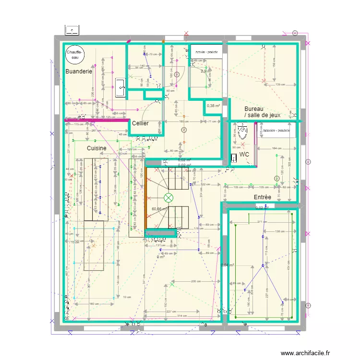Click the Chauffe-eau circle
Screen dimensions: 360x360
point(74,54)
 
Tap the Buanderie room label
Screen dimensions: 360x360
point(79,72)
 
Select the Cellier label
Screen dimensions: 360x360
point(140,123)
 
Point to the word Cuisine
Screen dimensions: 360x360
point(96,148)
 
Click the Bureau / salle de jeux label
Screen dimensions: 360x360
point(262,112)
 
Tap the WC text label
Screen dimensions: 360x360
point(244,154)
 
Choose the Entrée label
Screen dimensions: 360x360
point(263,197)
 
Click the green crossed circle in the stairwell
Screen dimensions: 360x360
point(168,198)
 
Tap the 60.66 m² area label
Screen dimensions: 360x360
point(160,209)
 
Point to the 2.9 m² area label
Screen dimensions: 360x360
point(205,72)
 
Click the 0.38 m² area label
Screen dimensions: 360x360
point(213,106)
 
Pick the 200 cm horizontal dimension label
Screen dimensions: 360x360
point(195,281)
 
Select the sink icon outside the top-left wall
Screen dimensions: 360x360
point(72,30)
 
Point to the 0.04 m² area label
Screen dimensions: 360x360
point(227,265)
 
